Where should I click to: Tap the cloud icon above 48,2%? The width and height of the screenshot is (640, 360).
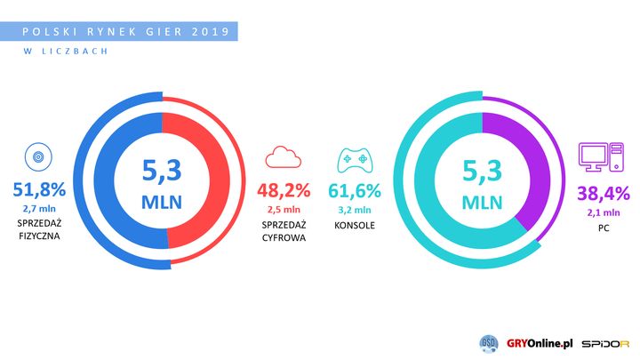tap(284, 158)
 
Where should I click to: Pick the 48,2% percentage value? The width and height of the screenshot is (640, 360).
tap(284, 189)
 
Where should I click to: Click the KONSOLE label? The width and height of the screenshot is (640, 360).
tap(354, 225)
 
